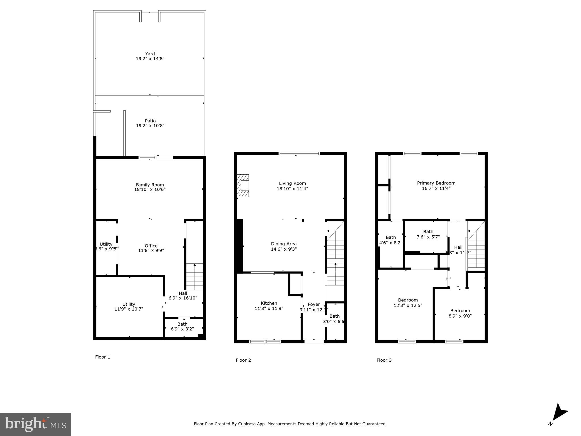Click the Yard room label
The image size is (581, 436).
[150, 54]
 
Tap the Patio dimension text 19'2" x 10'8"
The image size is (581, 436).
[150, 126]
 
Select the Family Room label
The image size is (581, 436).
[150, 185]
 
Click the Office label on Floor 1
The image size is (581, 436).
[151, 246]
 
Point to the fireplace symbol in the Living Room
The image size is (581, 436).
[243, 186]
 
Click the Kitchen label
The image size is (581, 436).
[269, 303]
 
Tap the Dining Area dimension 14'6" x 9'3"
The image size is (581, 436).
[284, 249]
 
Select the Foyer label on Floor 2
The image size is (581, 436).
[314, 304]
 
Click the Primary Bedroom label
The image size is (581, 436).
[436, 183]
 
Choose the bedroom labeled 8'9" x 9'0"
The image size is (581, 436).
[460, 313]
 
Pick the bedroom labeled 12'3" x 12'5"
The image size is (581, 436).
[408, 303]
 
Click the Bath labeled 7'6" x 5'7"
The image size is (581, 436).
[428, 234]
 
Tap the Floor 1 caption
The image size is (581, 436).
[102, 357]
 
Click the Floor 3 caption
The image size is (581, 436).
[384, 360]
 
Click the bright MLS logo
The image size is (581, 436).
[35, 424]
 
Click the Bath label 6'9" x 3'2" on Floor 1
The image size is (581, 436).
[182, 326]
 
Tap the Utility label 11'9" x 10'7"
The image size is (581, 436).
[129, 307]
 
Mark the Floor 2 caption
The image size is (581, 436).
[243, 360]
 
